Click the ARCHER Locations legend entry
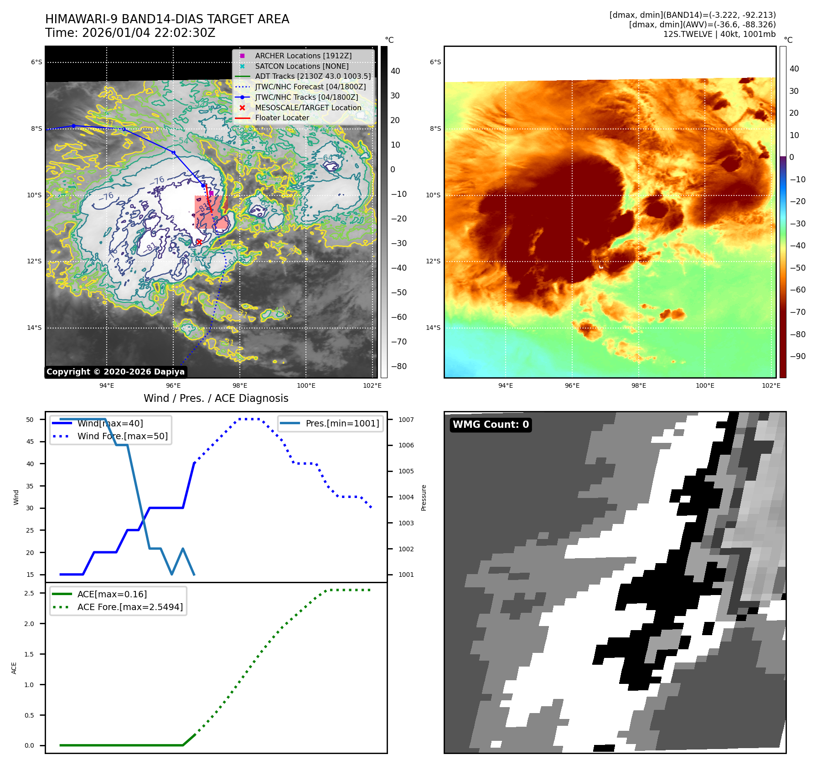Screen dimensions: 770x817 [303, 56]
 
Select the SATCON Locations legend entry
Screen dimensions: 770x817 [301, 66]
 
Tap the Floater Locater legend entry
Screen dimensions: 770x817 [282, 118]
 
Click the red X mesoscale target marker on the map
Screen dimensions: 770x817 [199, 242]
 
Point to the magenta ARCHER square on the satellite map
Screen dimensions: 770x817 [211, 193]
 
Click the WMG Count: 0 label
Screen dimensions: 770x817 [491, 425]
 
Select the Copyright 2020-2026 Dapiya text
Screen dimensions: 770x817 [115, 372]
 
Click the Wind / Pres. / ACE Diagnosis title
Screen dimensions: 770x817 [216, 398]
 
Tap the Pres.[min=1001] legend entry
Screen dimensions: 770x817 [342, 423]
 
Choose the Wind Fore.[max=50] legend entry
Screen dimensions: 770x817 [122, 436]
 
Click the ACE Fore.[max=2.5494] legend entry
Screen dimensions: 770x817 [130, 607]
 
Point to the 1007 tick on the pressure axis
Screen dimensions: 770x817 [406, 420]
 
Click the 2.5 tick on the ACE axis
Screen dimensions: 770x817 [29, 593]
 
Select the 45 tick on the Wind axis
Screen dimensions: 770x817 [30, 441]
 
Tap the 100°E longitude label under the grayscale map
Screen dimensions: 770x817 [306, 385]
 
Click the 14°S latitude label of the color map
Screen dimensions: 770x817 [433, 328]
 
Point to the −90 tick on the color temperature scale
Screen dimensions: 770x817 [797, 356]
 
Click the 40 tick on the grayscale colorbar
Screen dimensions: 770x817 [395, 71]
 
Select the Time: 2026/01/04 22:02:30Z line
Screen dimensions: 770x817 [130, 33]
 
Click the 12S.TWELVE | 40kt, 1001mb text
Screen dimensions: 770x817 [719, 34]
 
